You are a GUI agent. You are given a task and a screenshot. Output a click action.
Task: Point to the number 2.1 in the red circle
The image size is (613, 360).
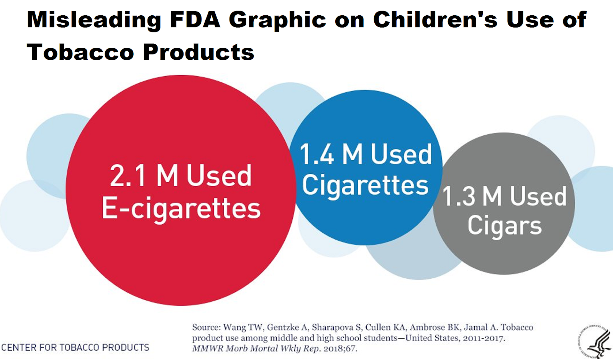[128, 176]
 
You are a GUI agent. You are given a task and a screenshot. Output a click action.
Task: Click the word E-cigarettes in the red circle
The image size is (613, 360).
[181, 209]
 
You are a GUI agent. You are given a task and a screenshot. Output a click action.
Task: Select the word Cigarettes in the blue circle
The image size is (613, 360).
[365, 186]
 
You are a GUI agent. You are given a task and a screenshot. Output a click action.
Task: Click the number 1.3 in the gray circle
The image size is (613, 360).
[459, 197]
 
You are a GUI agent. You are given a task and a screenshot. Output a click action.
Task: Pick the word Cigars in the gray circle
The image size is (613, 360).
[504, 225]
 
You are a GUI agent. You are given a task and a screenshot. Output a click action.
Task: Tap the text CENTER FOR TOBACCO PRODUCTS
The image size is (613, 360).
[75, 348]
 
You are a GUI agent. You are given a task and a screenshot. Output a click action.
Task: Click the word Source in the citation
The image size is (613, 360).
[206, 327]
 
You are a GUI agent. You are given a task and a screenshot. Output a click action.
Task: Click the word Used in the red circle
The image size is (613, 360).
[219, 176]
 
